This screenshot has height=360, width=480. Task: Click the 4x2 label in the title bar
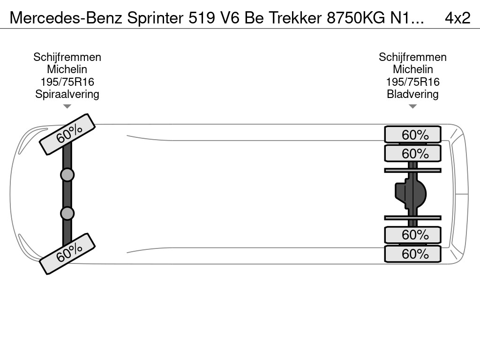pos(457,17)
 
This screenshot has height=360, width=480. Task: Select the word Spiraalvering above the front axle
pos(67,94)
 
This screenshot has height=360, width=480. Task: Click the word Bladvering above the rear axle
pos(412,94)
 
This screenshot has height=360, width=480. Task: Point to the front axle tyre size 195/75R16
pos(67,82)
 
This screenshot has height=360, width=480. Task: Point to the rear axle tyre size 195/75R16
pos(412,82)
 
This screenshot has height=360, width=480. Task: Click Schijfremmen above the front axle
pos(67,57)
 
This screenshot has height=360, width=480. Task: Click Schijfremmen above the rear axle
pos(412,57)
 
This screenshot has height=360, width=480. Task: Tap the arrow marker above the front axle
pos(67,106)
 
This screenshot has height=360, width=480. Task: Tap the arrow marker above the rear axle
pos(412,106)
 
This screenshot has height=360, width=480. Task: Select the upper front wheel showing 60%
pos(67,134)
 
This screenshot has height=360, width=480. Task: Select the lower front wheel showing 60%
pos(67,254)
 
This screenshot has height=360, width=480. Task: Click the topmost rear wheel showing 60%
pos(412,135)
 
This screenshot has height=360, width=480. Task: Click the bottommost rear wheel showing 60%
pos(412,254)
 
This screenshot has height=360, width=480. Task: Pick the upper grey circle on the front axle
pos(67,175)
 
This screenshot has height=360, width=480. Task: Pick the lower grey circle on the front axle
pos(67,213)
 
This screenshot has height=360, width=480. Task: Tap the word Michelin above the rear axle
pos(412,69)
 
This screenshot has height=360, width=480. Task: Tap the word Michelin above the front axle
pos(67,69)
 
